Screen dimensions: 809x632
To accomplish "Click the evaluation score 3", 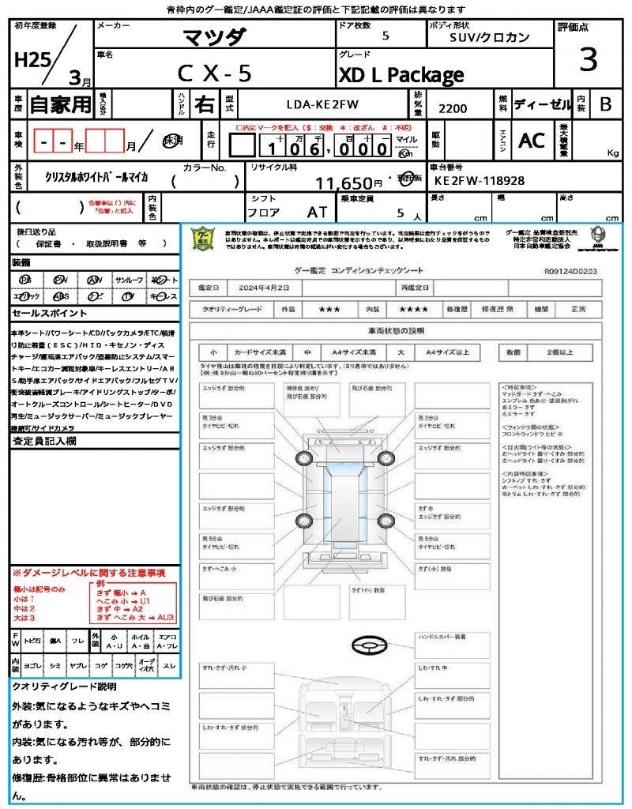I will point(587,59).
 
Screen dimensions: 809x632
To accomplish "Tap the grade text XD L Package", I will point(401,75).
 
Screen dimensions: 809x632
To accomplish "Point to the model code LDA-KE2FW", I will point(322,103).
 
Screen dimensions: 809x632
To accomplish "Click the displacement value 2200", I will point(453,108).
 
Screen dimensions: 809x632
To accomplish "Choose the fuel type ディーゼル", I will point(542,103).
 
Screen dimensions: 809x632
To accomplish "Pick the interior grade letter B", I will point(605,103).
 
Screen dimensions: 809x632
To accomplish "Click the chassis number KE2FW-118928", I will point(480,181).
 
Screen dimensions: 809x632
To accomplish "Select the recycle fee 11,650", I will point(344,183).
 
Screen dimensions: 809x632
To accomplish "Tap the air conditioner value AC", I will point(532,140).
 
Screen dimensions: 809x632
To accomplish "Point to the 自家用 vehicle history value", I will point(60,103).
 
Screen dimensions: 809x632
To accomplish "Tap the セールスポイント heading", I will point(43,314).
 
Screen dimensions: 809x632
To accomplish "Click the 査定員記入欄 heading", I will point(44,442).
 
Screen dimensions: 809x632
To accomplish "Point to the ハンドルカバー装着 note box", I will point(446,637).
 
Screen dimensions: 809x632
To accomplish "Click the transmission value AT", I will point(317,213).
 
